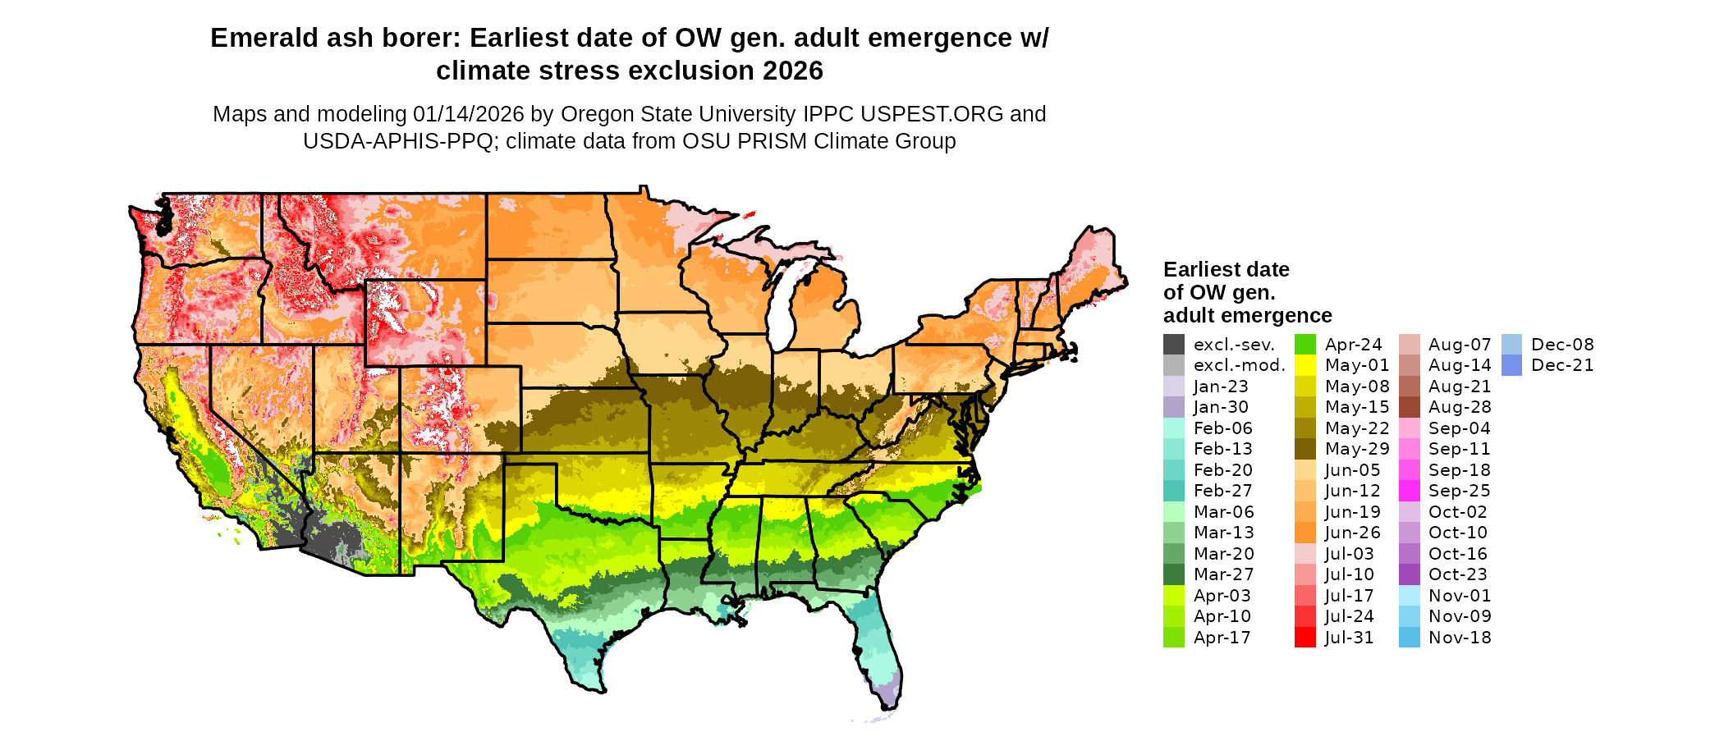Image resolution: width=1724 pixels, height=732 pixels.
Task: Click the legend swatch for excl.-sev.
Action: (1174, 345)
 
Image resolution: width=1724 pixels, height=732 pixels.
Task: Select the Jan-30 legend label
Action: (1221, 407)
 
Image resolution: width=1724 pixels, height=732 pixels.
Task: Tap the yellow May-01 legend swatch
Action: (1305, 365)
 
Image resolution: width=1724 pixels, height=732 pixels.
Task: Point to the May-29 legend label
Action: (1357, 449)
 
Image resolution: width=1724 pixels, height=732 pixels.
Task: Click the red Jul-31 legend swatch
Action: (1305, 638)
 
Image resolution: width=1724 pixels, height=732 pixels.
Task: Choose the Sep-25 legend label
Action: (1459, 491)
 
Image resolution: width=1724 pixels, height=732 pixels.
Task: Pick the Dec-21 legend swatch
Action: (1511, 365)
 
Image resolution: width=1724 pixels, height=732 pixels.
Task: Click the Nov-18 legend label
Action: (1460, 638)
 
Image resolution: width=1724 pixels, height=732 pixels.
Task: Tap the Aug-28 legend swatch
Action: (1410, 407)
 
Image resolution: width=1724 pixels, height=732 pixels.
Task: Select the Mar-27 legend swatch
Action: (1174, 574)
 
